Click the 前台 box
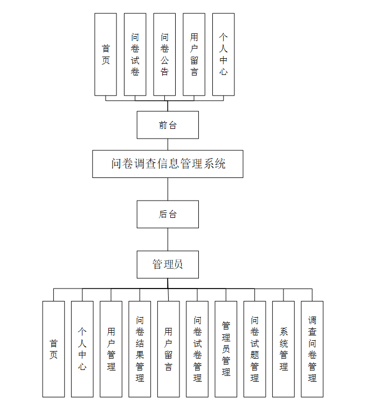168,125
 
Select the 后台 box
168,214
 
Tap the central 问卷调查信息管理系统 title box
168,164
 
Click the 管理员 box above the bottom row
168,264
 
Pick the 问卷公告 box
164,54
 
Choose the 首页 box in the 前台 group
106,54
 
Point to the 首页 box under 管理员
53,349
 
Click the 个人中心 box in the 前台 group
223,54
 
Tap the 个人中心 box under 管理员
82,349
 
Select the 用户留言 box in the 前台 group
194,54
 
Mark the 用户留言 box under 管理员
168,349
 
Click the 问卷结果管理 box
140,349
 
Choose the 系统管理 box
283,349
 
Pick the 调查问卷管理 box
312,349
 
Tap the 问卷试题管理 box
254,349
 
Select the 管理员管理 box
226,349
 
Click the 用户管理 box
111,349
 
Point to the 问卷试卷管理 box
197,349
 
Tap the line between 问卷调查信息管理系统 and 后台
168,189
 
